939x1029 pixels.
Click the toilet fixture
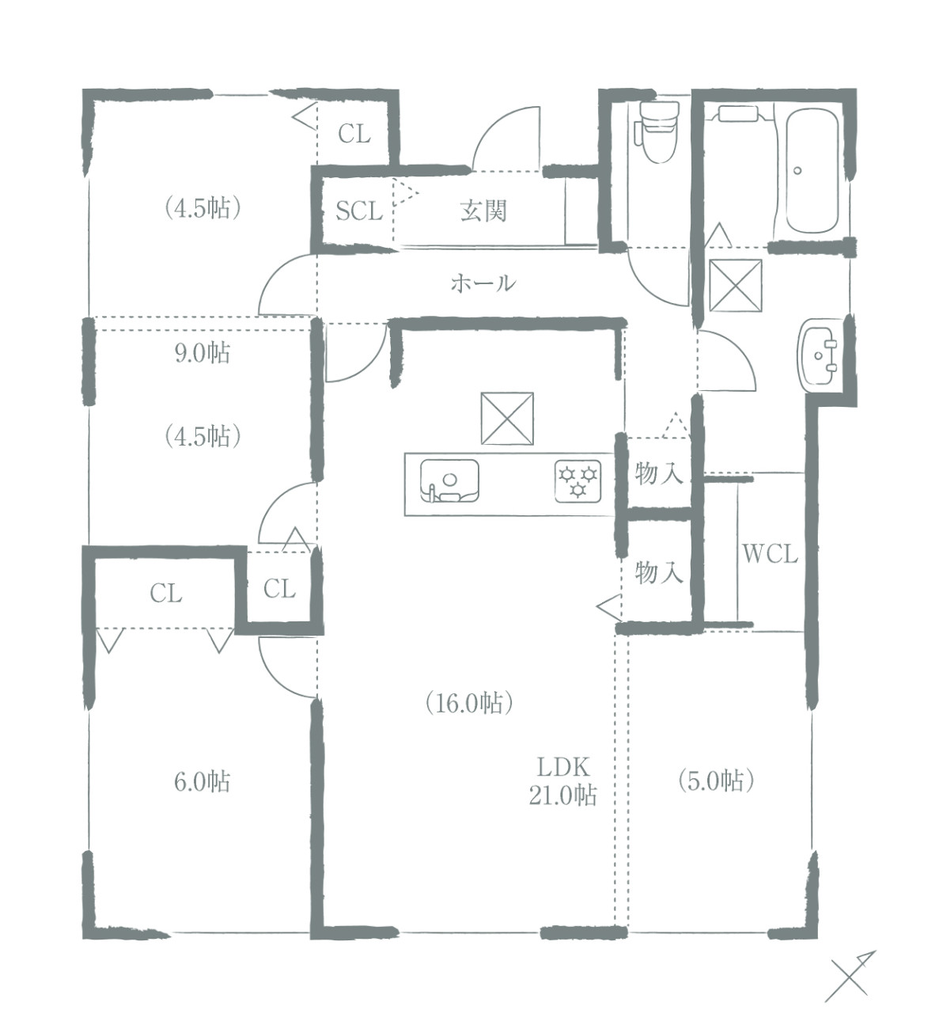click(x=656, y=131)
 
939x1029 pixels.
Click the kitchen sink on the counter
click(x=449, y=480)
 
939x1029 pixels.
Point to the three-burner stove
click(x=578, y=480)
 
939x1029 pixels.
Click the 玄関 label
click(x=483, y=211)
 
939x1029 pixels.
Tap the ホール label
click(x=483, y=283)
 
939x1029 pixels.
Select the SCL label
click(x=359, y=211)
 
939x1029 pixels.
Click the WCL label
click(x=770, y=554)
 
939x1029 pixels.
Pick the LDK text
click(x=563, y=767)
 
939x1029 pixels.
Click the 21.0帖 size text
click(x=562, y=795)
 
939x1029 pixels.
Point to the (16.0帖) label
click(x=469, y=703)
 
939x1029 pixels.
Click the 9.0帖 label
click(x=202, y=353)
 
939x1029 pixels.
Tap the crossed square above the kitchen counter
click(x=507, y=418)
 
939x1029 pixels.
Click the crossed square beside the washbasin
click(x=735, y=285)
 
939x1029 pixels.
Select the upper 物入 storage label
click(x=658, y=473)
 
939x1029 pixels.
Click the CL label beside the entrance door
click(x=354, y=135)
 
